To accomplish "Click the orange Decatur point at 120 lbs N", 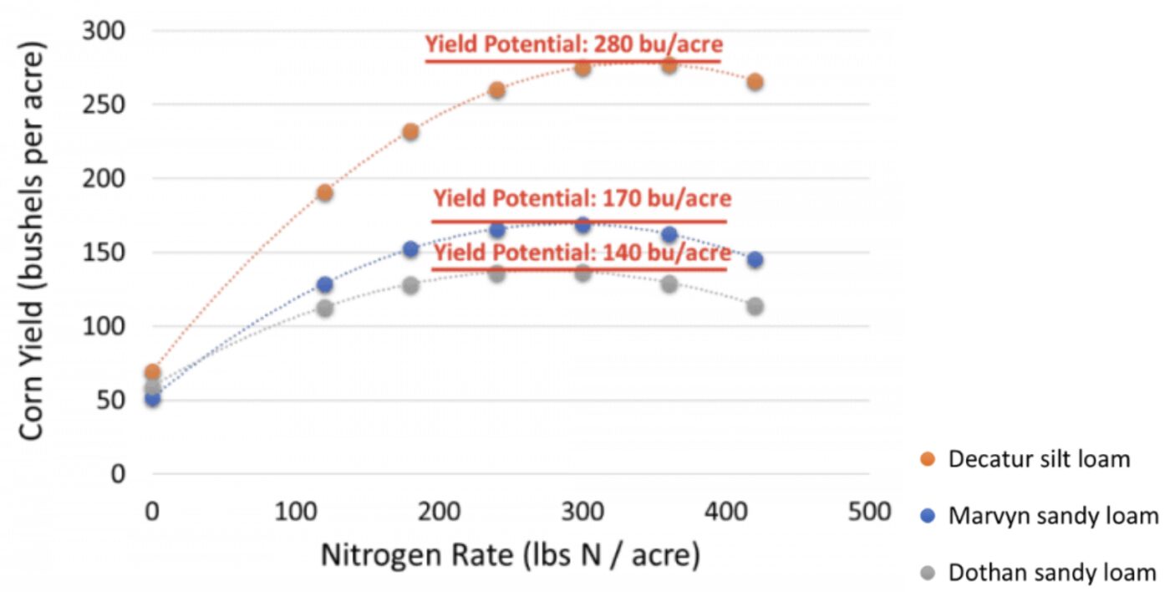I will click(324, 193).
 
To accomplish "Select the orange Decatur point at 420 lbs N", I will click(755, 82).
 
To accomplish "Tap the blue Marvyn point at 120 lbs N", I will click(324, 285).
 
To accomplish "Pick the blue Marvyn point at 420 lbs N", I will click(755, 260).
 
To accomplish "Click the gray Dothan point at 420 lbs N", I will click(755, 306).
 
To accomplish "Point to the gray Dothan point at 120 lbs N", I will click(324, 308).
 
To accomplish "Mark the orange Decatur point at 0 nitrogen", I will click(152, 372).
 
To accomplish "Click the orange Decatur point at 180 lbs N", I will click(410, 132).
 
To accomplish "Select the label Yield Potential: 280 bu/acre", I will click(573, 44).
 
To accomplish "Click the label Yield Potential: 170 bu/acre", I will click(582, 199).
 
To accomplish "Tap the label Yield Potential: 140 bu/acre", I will click(582, 253).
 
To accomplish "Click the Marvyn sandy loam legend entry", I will click(1053, 516).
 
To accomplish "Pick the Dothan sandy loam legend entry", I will click(1052, 573).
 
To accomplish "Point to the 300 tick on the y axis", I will click(103, 31).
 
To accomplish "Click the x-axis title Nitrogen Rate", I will click(510, 554).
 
